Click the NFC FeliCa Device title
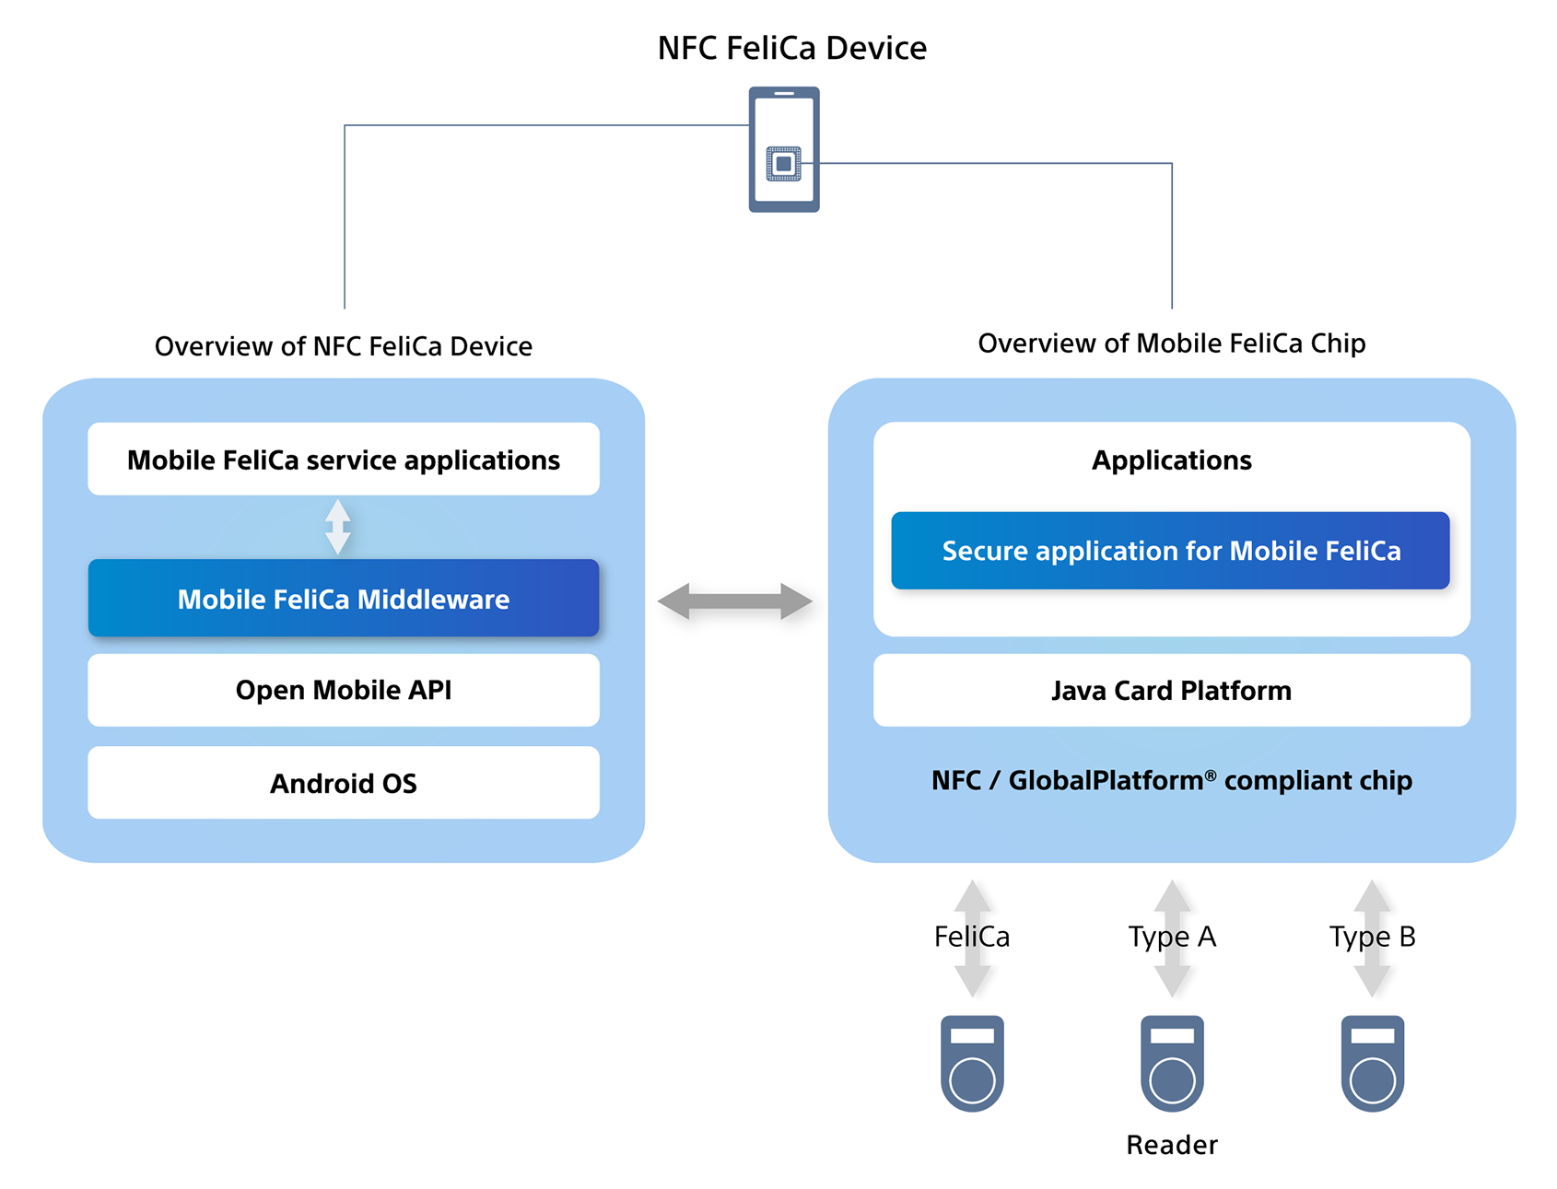[x=791, y=48]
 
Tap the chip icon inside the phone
[x=783, y=164]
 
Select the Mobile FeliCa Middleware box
[x=343, y=599]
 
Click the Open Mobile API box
[x=343, y=690]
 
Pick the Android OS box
[x=343, y=783]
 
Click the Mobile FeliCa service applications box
[x=343, y=460]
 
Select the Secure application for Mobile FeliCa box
[x=1170, y=551]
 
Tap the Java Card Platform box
[x=1171, y=691]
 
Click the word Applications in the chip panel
[x=1171, y=460]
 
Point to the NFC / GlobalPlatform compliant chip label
[x=1171, y=781]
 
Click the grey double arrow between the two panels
[x=734, y=601]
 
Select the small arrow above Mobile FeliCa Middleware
[x=338, y=527]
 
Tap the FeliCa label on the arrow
[x=972, y=937]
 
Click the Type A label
[x=1172, y=937]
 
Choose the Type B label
[x=1372, y=937]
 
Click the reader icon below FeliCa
[x=972, y=1063]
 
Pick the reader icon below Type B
[x=1372, y=1063]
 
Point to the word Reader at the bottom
[x=1172, y=1145]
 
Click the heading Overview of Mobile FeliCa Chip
[x=1171, y=344]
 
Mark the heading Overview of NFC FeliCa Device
[x=343, y=346]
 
